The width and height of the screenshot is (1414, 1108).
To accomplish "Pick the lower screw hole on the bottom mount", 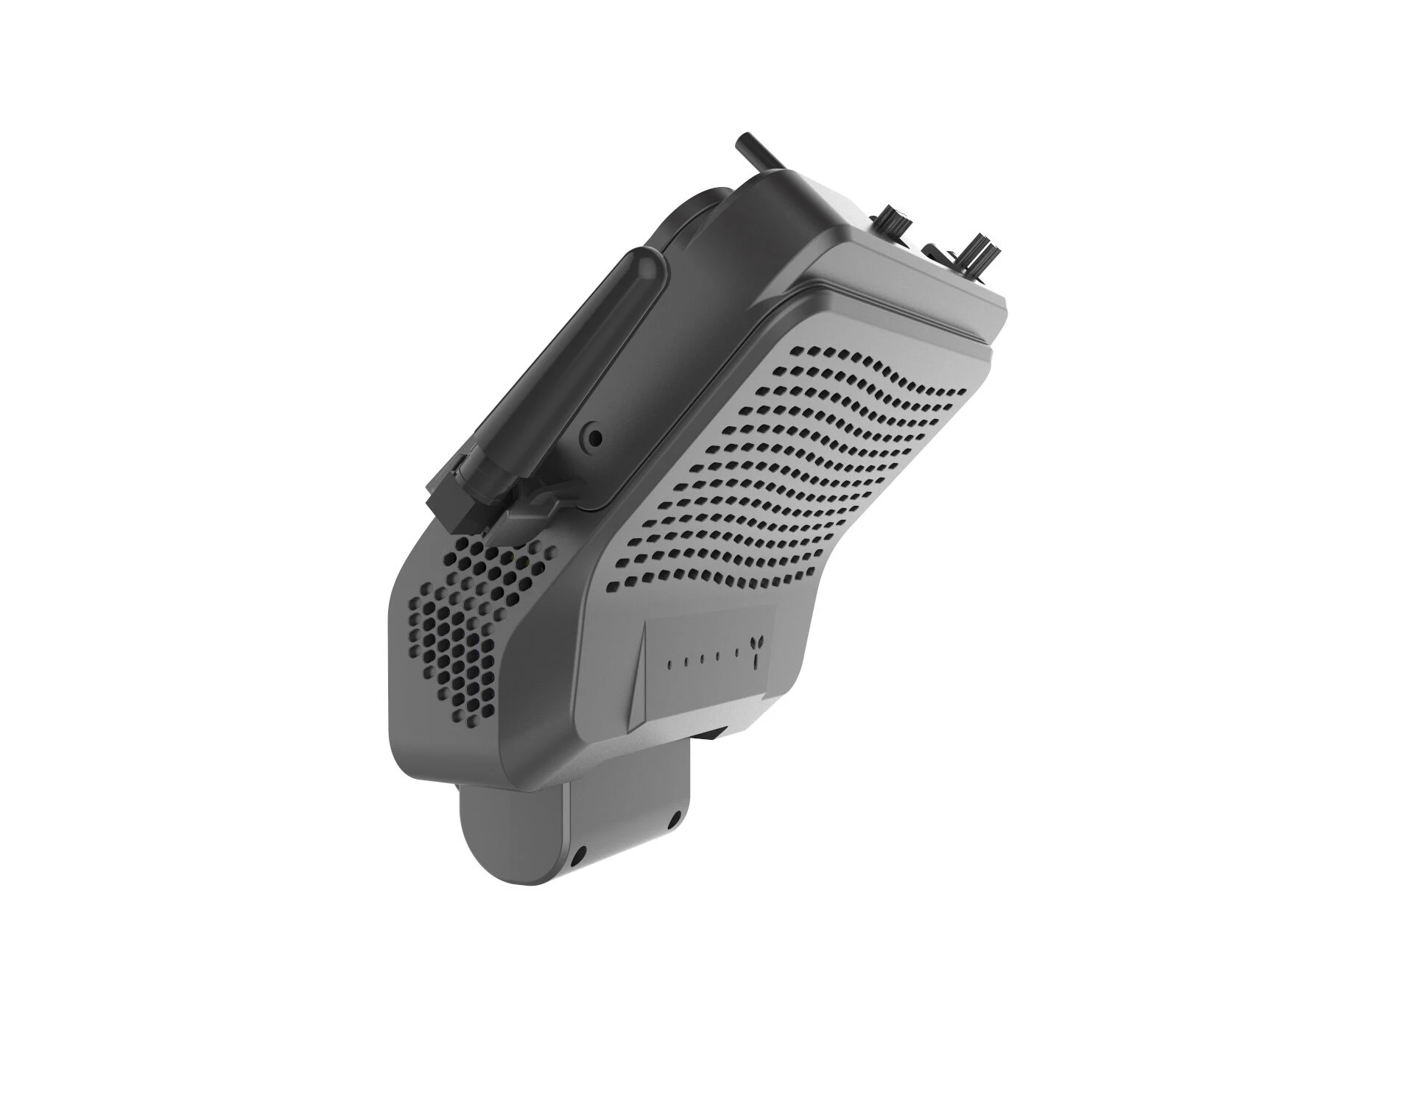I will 579,857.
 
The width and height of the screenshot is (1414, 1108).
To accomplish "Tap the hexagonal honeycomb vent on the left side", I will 471,626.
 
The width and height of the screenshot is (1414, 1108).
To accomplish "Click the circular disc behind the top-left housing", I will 696,214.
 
